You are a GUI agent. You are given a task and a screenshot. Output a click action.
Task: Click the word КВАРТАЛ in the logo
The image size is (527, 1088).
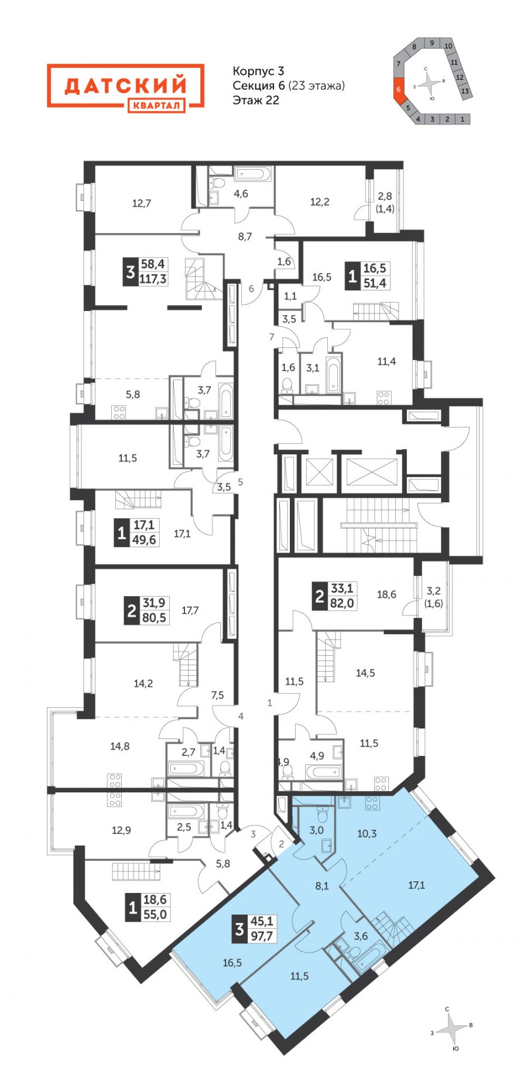coord(156,105)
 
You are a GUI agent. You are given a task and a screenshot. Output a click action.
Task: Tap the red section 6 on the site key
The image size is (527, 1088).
coord(399,90)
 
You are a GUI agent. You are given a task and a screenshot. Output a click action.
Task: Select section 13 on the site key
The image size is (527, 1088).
coord(464,91)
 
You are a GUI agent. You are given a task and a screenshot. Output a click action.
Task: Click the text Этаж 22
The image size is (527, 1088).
coord(256,100)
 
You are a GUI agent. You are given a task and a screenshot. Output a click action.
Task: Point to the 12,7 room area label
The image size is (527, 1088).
coord(141,204)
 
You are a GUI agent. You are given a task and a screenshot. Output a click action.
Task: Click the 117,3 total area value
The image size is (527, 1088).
coord(153,279)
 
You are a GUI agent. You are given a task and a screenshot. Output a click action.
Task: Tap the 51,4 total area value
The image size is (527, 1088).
coord(375,283)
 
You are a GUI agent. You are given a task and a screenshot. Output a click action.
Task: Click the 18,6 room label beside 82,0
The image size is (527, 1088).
coord(386,594)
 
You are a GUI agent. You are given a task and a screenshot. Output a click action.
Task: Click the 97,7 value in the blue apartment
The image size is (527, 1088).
coord(262,936)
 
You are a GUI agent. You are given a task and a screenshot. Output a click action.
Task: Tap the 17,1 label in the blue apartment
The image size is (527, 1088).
coord(416,885)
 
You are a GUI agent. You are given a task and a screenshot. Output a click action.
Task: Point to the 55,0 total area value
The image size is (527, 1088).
coord(155,914)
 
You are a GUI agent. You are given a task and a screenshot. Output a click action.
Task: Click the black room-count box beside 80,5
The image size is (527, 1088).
coord(131,611)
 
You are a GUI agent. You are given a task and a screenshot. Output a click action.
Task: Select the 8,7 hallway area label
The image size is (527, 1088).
coord(245,237)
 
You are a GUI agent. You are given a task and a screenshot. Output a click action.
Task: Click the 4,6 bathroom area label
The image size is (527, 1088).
coord(241,194)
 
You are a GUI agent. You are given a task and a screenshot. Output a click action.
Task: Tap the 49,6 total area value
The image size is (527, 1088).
coord(144,539)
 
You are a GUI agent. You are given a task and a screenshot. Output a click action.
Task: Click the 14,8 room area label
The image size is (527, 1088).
coord(119,746)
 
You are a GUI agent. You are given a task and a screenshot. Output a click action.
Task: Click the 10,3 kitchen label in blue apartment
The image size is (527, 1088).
coord(367,834)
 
